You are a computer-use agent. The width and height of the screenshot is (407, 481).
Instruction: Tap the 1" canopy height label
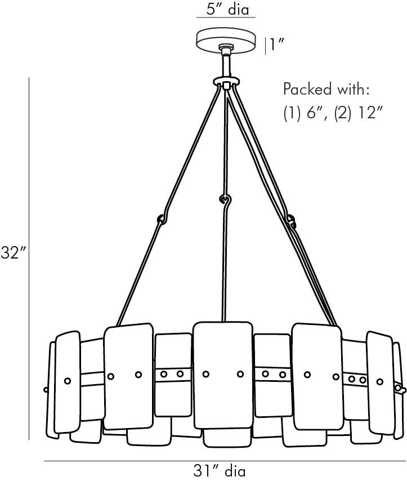pyautogui.click(x=276, y=45)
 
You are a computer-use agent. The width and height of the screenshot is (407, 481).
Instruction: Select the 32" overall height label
pyautogui.click(x=15, y=252)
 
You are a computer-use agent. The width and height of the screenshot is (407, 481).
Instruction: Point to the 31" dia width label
pyautogui.click(x=220, y=470)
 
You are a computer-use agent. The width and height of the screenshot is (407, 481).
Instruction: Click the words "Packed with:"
pyautogui.click(x=326, y=89)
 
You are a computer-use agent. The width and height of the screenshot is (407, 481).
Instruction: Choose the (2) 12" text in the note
pyautogui.click(x=359, y=114)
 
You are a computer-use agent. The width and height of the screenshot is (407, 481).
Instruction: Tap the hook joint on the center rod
pyautogui.click(x=225, y=199)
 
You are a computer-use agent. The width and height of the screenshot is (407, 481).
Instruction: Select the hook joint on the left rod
pyautogui.click(x=162, y=219)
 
